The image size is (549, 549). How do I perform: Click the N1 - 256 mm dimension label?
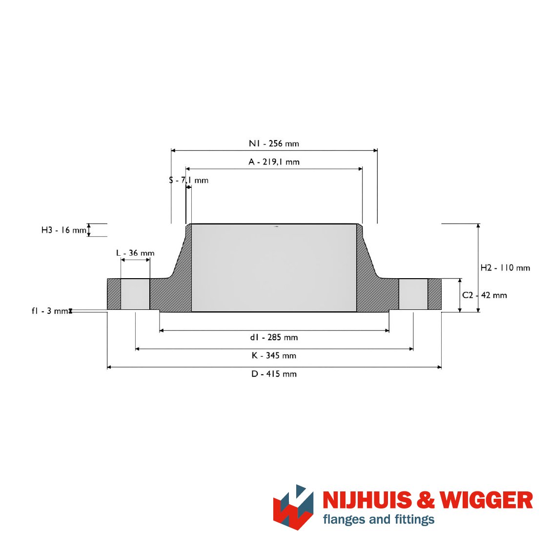[x=274, y=143]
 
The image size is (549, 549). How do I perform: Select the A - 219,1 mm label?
[x=274, y=162]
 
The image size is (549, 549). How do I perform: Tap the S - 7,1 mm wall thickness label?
[x=189, y=180]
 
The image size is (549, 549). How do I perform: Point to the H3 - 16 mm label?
[x=64, y=230]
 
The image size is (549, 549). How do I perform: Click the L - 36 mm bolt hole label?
[x=135, y=253]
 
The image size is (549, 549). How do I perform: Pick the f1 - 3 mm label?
[x=50, y=311]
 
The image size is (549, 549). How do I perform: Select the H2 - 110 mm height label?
[x=505, y=268]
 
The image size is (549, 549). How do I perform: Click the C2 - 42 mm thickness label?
[x=485, y=295]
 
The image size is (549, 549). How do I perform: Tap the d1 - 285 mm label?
[x=274, y=338]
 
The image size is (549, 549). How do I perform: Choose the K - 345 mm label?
[x=274, y=356]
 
